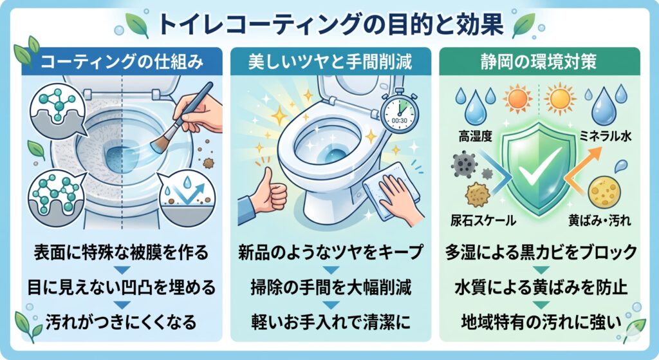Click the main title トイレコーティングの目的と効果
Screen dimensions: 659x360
331,24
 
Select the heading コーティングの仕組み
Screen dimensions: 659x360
122,62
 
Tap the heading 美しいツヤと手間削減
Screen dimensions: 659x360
330,62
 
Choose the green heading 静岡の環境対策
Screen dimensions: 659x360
539,62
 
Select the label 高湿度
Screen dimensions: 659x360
476,137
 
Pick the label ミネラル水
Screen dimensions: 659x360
606,135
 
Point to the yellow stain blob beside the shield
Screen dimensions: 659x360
604,193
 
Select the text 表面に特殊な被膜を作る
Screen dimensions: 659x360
121,252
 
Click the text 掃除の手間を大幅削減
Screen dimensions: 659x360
331,288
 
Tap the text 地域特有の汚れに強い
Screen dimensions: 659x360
541,322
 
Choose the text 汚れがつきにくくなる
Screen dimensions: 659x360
121,322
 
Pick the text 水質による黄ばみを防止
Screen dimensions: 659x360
541,288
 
